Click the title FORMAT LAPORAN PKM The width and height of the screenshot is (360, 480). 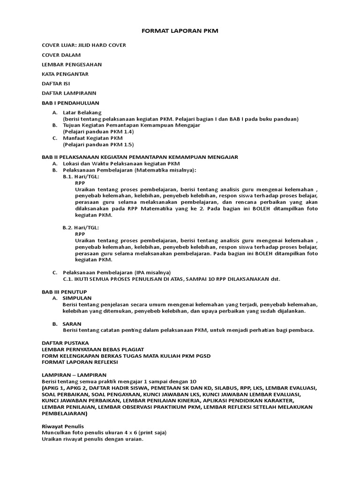coord(180,30)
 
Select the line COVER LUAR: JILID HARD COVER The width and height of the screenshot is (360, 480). coord(84,45)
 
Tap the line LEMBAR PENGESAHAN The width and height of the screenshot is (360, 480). coord(72,64)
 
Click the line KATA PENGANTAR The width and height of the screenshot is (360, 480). coord(65,74)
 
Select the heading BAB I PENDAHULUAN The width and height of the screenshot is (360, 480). coord(70,103)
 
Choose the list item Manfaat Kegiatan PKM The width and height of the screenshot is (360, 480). coord(93,138)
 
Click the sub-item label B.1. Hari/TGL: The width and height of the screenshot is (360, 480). coord(81,177)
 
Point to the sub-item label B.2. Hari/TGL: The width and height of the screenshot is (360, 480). coord(81,227)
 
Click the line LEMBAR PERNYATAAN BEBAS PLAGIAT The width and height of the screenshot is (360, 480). coord(93,349)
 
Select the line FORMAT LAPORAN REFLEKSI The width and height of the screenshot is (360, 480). coord(80,362)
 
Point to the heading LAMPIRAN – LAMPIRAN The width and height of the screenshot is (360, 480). coord(74,375)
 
